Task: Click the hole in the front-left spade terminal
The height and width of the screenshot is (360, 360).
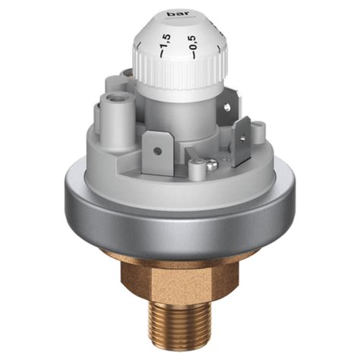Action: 157,150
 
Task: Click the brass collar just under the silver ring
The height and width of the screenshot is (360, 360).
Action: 180,254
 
